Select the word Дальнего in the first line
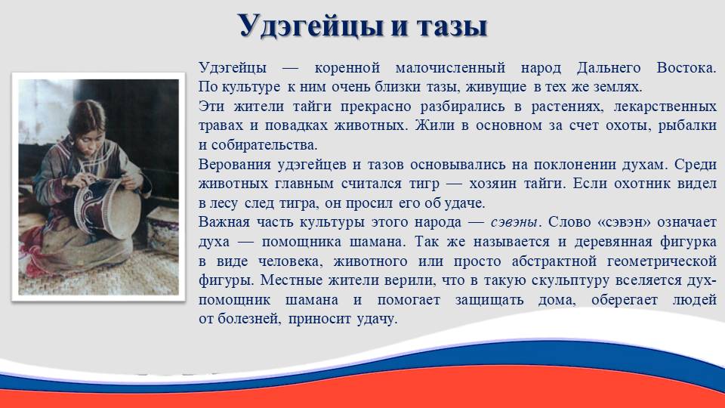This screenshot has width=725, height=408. click(609, 69)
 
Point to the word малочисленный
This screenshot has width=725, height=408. click(450, 68)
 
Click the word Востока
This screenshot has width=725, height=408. click(686, 68)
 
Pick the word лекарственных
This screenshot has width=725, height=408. click(665, 107)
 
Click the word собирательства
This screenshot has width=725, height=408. click(264, 145)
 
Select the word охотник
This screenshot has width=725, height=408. click(642, 184)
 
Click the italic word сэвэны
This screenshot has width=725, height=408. click(514, 222)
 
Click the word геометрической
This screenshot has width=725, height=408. click(662, 261)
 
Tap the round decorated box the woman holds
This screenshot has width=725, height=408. click(107, 207)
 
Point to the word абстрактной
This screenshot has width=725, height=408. click(554, 261)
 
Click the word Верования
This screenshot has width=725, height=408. click(234, 165)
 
